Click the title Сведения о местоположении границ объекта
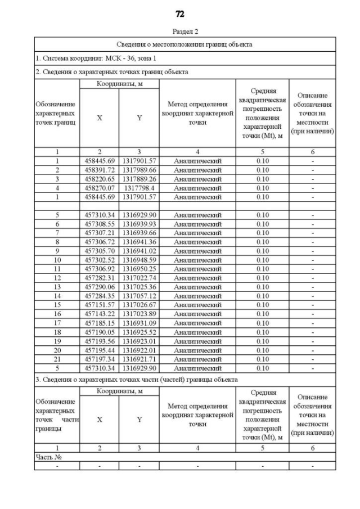(x=184, y=44)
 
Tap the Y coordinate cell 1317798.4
(x=139, y=188)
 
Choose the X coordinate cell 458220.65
(x=99, y=179)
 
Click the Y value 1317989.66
(x=139, y=170)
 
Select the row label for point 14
(x=57, y=296)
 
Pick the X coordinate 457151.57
(x=99, y=305)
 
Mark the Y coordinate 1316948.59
(x=139, y=260)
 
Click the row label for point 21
(x=57, y=359)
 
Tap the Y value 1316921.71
(x=139, y=359)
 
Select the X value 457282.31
(x=99, y=278)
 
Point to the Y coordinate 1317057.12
(x=139, y=296)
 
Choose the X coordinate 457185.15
(x=99, y=323)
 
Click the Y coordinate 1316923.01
(x=139, y=341)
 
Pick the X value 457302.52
(x=99, y=260)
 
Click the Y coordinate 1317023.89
(x=139, y=314)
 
